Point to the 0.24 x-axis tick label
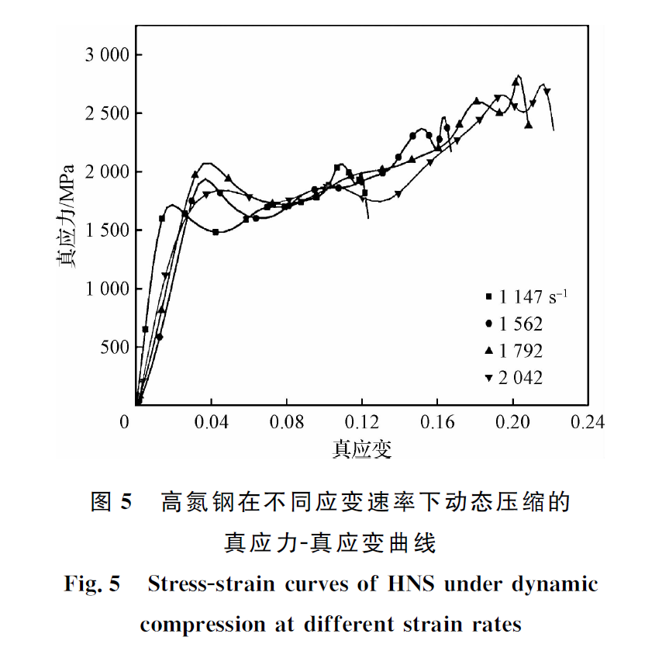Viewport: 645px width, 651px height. point(587,422)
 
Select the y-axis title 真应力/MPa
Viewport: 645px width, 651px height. point(68,216)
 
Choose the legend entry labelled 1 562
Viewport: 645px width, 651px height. point(521,324)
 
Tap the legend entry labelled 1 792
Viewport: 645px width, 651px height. point(521,351)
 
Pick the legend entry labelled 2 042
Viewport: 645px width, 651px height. point(521,378)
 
